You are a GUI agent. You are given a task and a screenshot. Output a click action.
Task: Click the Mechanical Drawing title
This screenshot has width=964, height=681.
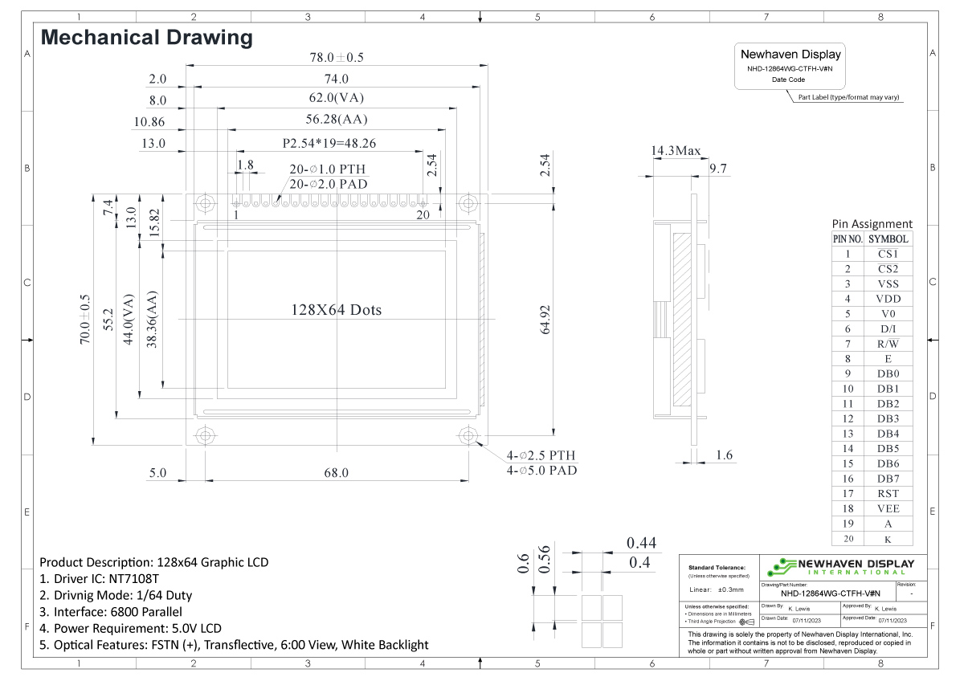click(146, 37)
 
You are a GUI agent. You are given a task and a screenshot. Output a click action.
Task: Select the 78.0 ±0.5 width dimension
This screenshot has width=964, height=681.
click(337, 58)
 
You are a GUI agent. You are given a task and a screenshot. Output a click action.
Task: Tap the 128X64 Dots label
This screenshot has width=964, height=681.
click(336, 310)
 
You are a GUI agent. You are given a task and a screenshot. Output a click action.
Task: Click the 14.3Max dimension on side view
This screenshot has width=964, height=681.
click(676, 151)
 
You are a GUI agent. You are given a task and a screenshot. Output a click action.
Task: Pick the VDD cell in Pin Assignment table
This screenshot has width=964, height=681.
click(888, 299)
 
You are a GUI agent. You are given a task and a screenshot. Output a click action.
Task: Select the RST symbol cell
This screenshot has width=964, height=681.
click(888, 494)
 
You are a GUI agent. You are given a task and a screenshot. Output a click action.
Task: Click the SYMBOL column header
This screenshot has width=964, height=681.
click(888, 239)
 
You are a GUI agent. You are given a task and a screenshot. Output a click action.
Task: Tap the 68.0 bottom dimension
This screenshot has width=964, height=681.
click(336, 473)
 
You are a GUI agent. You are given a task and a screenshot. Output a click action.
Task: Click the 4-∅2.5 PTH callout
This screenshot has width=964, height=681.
click(541, 455)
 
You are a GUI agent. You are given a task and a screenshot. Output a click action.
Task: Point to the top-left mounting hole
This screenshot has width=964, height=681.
click(206, 202)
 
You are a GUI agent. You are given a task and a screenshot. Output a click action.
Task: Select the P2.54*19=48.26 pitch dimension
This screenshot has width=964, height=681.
click(329, 144)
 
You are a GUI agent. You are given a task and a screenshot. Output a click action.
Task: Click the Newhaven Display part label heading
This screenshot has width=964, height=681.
click(790, 55)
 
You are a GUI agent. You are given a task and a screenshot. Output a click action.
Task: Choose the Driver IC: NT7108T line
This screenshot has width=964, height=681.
click(100, 578)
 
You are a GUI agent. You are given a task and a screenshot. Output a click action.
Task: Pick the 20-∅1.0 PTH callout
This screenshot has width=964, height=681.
click(328, 170)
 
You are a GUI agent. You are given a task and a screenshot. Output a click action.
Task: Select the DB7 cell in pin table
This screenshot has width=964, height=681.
click(888, 479)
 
